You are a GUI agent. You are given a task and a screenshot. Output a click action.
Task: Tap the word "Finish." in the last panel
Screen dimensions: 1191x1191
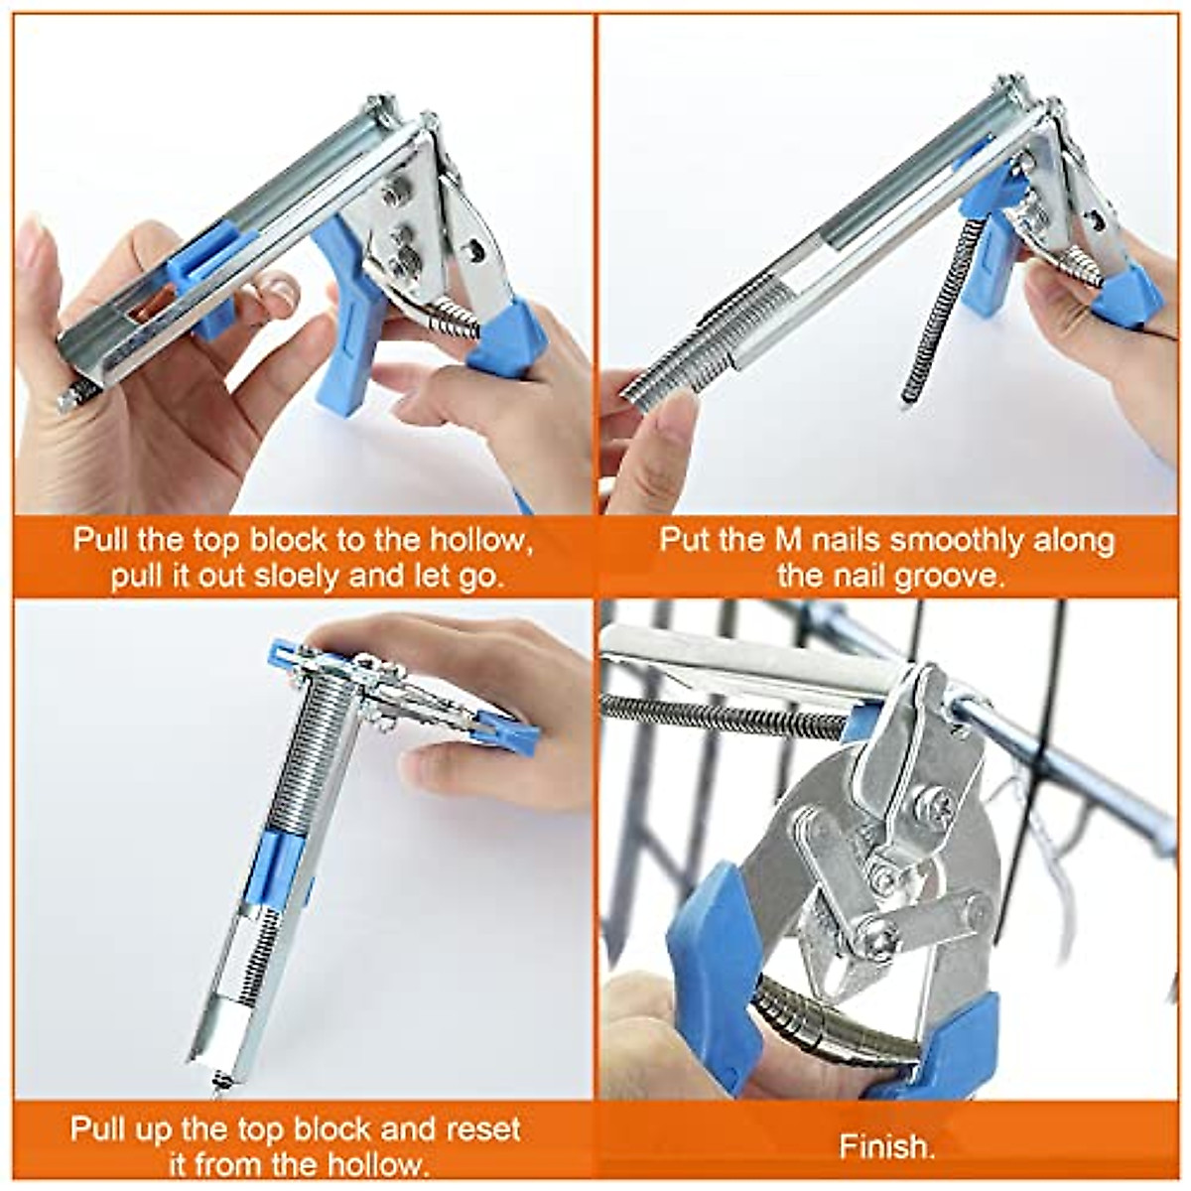pyautogui.click(x=886, y=1147)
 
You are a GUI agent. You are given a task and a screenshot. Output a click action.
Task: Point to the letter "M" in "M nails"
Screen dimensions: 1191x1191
pyautogui.click(x=783, y=541)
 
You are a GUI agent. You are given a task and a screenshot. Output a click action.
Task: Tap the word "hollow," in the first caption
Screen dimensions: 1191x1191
pyautogui.click(x=481, y=541)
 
